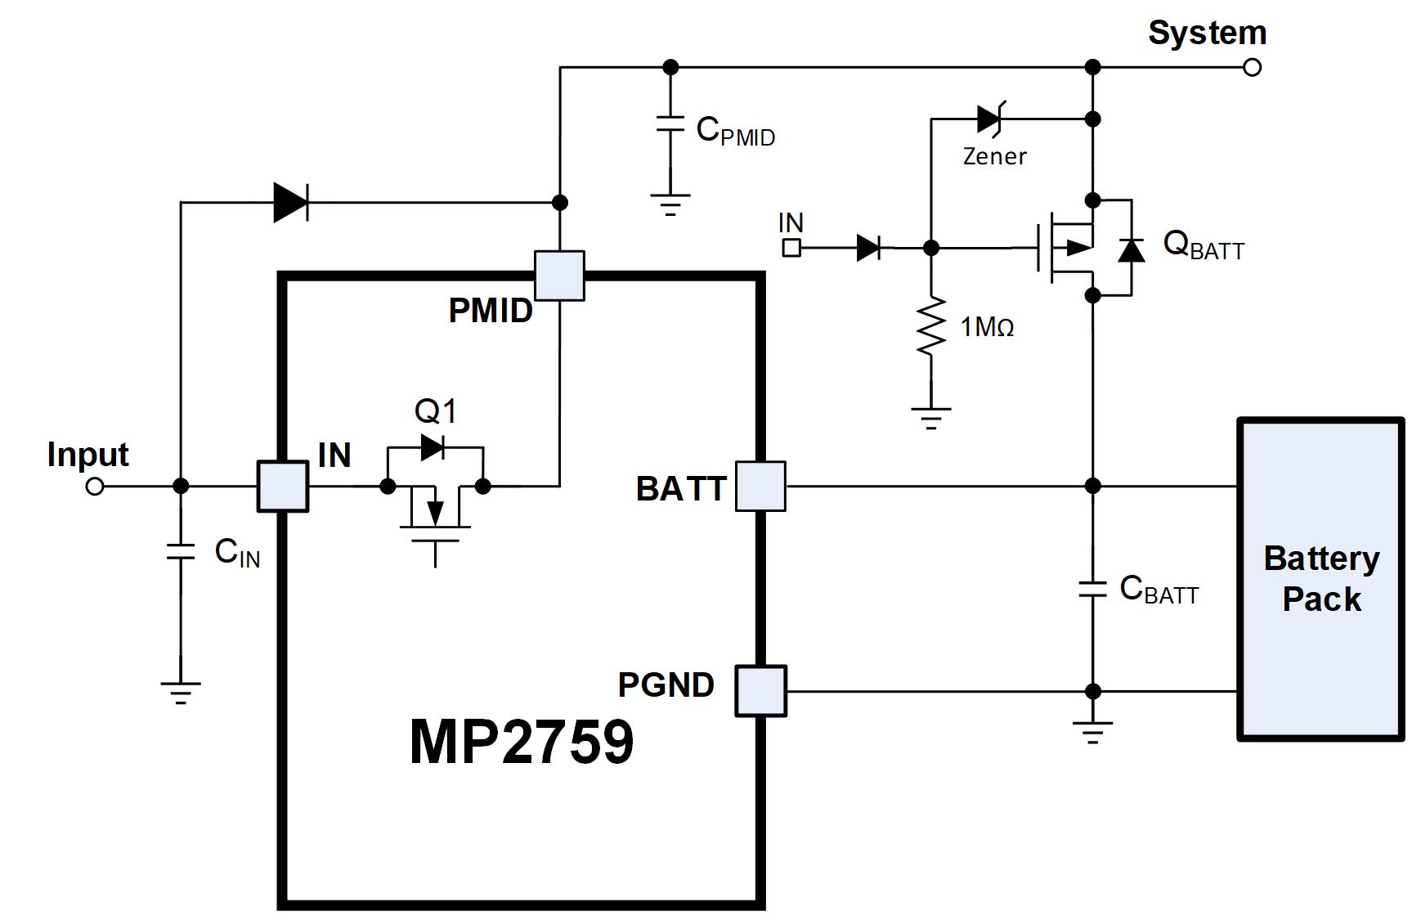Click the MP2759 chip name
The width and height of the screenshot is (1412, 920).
click(521, 742)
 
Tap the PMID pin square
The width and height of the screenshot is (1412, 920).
click(559, 276)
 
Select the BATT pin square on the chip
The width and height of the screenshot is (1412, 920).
click(760, 487)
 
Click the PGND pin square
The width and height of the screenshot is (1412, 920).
click(760, 691)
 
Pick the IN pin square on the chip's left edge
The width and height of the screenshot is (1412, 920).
click(283, 487)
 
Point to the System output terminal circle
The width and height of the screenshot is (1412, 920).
click(1252, 67)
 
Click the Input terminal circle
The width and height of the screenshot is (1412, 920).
click(95, 487)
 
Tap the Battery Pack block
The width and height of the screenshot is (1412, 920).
click(1321, 579)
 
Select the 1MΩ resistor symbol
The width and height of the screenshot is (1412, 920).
click(930, 327)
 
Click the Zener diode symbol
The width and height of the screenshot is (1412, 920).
click(990, 119)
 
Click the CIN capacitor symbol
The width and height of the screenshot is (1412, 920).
click(181, 551)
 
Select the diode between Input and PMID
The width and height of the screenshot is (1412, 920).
click(290, 202)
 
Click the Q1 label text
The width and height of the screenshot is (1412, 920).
click(435, 411)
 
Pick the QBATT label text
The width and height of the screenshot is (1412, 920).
click(1203, 245)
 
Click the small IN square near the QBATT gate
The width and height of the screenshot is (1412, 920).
click(791, 247)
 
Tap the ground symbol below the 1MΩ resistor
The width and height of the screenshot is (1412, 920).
click(930, 418)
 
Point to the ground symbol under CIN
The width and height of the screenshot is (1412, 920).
click(181, 692)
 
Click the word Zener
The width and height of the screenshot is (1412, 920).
click(994, 156)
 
